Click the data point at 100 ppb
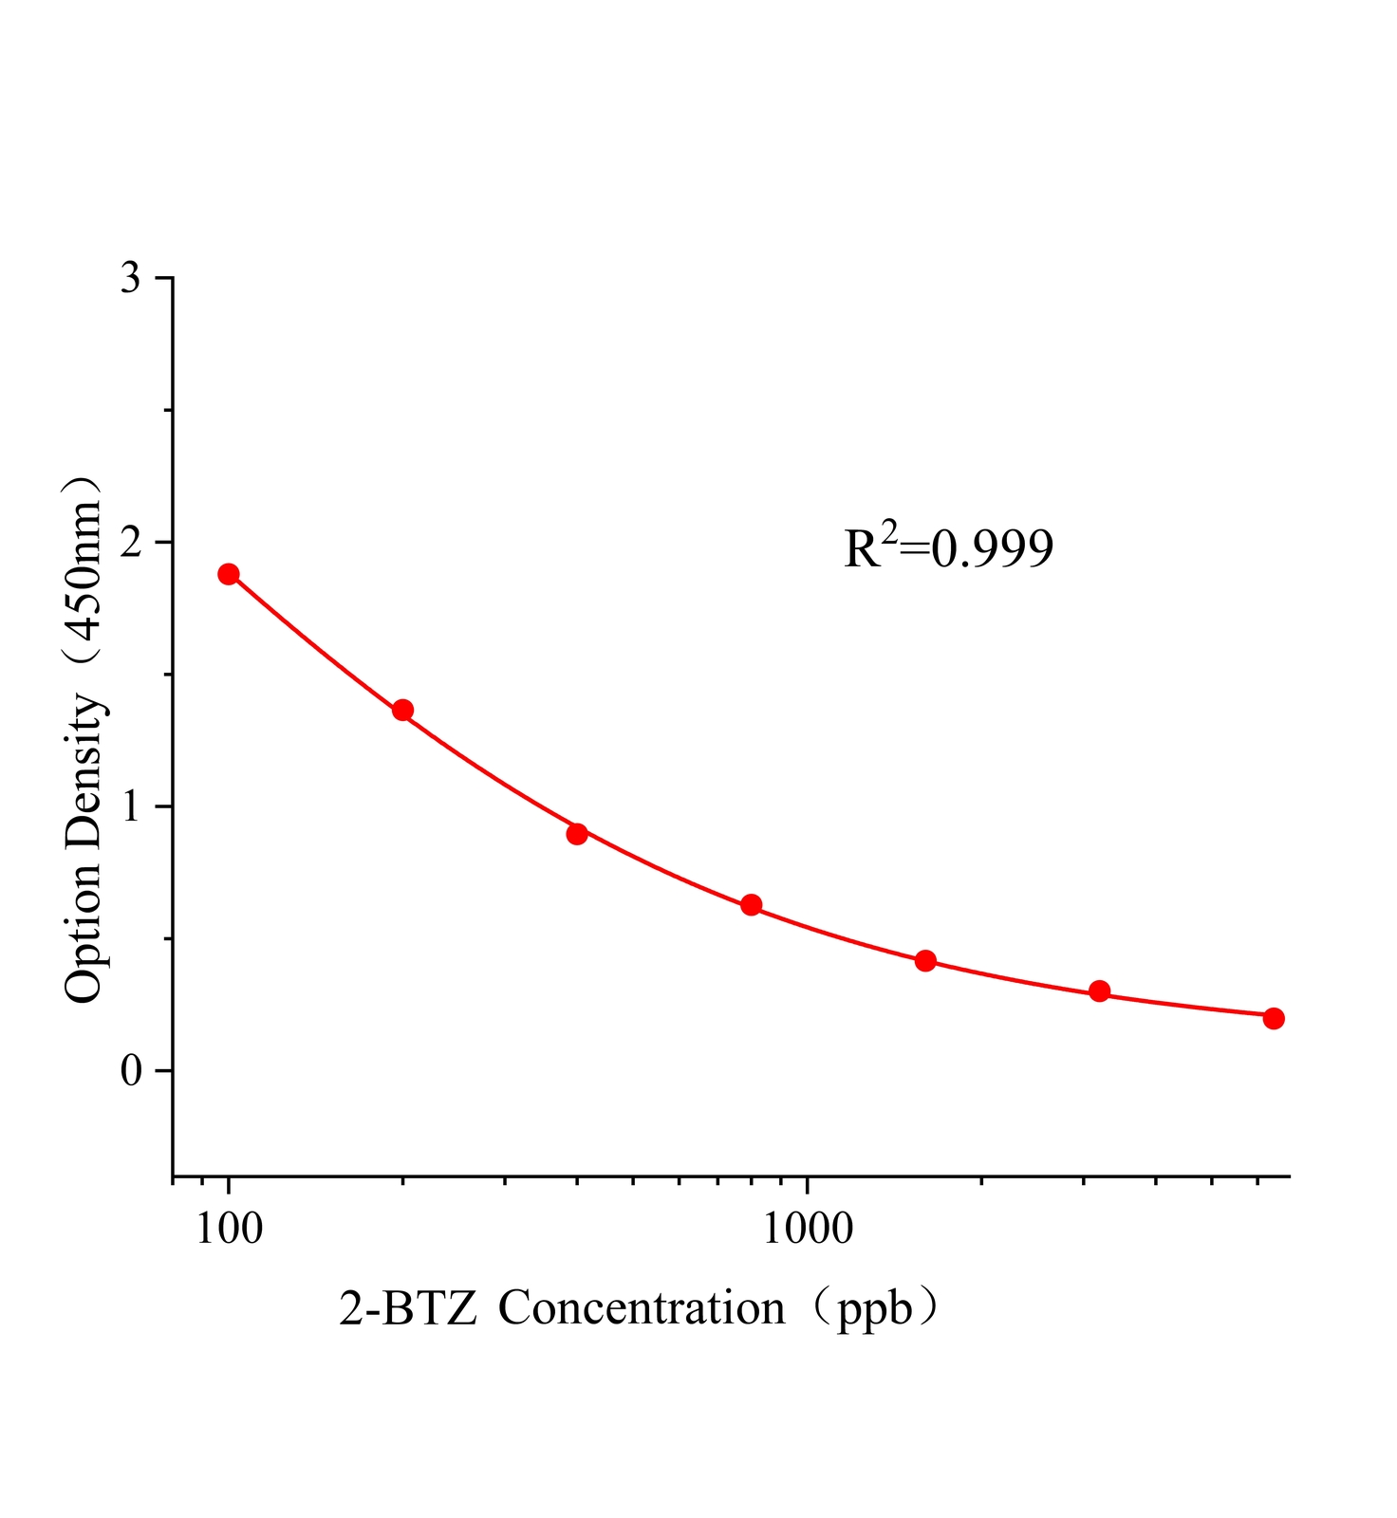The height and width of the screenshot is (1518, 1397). tap(229, 574)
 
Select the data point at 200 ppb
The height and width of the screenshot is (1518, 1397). tap(402, 710)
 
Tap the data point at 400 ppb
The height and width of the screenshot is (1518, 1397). tap(577, 834)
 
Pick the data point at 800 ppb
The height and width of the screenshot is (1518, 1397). tap(751, 905)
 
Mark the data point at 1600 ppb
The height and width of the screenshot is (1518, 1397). tap(925, 961)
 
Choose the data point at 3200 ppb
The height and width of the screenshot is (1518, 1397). tap(1099, 991)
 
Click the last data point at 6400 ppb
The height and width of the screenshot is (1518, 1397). tap(1274, 1018)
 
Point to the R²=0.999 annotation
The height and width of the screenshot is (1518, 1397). tap(948, 547)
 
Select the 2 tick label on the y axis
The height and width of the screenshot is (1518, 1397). tap(131, 543)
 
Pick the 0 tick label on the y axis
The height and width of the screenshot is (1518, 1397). tap(131, 1071)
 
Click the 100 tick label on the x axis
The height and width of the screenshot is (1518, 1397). tap(229, 1229)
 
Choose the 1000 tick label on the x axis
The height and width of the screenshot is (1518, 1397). tap(807, 1229)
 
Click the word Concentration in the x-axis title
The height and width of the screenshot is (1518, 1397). tap(642, 1308)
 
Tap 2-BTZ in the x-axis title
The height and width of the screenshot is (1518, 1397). tap(408, 1309)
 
